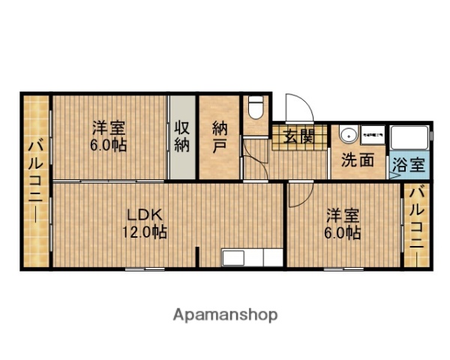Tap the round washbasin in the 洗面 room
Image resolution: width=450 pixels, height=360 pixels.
[x=346, y=136]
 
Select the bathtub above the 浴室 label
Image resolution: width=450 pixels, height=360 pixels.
[x=409, y=139]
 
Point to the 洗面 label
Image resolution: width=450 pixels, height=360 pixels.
[x=358, y=160]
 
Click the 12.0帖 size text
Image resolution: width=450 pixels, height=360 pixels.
[x=144, y=232]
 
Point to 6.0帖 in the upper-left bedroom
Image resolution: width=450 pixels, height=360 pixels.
[x=108, y=145]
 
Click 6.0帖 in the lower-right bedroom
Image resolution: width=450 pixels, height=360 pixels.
[x=342, y=233]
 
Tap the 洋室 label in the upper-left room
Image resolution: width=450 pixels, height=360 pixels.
[x=108, y=127]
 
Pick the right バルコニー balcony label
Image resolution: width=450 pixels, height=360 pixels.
[x=417, y=219]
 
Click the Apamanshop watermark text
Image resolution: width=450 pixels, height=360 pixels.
[x=226, y=314]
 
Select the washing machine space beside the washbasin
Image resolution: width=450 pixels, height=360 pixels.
[x=373, y=134]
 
